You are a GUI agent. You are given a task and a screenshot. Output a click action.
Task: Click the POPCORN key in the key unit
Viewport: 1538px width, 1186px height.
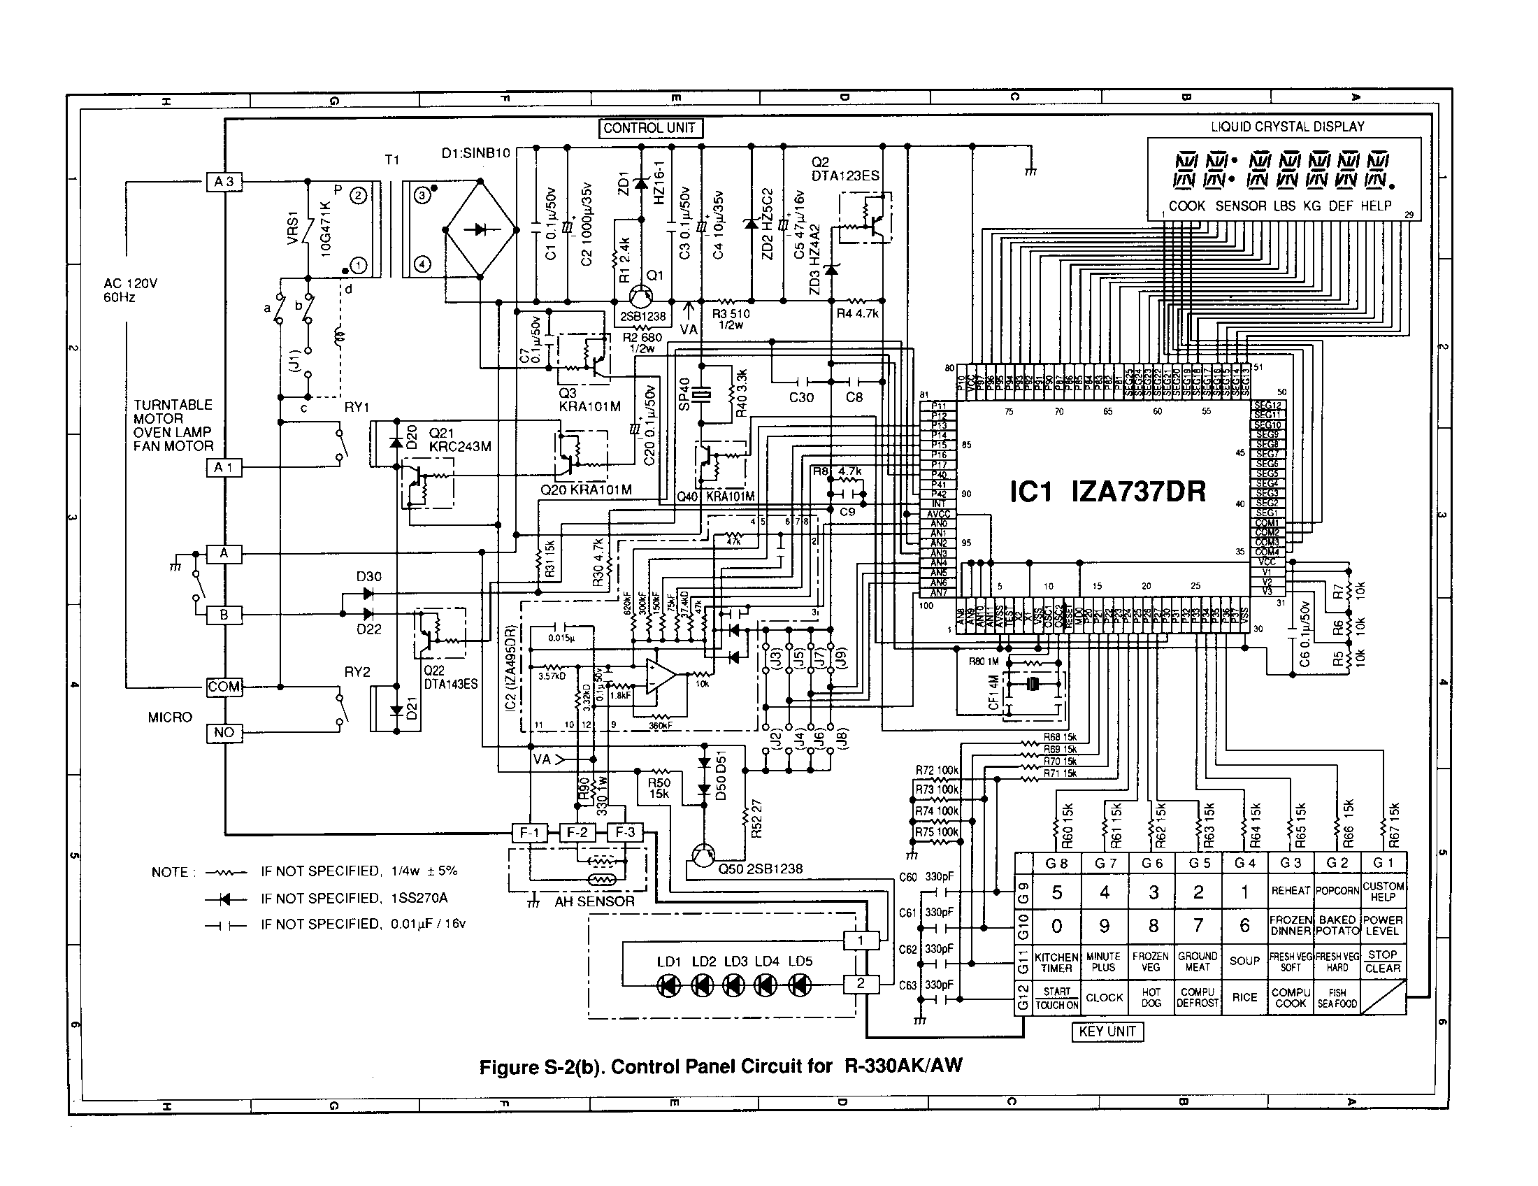[1337, 891]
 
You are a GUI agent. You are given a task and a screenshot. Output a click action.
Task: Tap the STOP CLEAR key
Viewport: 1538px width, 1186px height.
[1382, 962]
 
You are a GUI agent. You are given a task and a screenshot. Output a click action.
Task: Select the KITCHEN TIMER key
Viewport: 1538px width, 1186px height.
[1056, 962]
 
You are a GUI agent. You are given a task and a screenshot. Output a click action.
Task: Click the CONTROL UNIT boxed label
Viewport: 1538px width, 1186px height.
[649, 128]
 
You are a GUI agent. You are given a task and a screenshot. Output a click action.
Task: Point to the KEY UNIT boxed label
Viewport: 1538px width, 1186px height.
[1107, 1031]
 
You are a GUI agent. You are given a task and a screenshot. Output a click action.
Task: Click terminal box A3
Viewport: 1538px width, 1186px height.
[224, 182]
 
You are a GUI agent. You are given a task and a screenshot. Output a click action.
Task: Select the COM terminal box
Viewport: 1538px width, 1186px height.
[224, 687]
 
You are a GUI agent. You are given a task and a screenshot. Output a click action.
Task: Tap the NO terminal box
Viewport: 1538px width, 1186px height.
[224, 733]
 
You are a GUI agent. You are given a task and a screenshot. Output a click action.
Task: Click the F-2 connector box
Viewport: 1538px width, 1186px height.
[577, 832]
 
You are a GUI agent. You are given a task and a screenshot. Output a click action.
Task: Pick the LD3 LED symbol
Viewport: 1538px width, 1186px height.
[734, 985]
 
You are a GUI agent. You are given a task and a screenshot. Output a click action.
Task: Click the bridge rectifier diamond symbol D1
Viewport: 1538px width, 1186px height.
[482, 229]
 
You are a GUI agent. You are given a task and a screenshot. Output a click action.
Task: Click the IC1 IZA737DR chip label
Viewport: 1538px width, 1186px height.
[1107, 492]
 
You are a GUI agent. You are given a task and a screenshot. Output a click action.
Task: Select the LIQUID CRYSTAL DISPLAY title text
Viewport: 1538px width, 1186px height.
[1287, 127]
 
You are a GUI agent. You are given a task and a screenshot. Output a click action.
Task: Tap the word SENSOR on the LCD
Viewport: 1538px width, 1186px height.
[1241, 206]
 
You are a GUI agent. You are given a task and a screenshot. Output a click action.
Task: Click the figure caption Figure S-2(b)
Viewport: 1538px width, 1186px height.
[719, 1066]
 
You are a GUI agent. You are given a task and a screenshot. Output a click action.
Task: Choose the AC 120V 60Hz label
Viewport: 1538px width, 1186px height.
[130, 290]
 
